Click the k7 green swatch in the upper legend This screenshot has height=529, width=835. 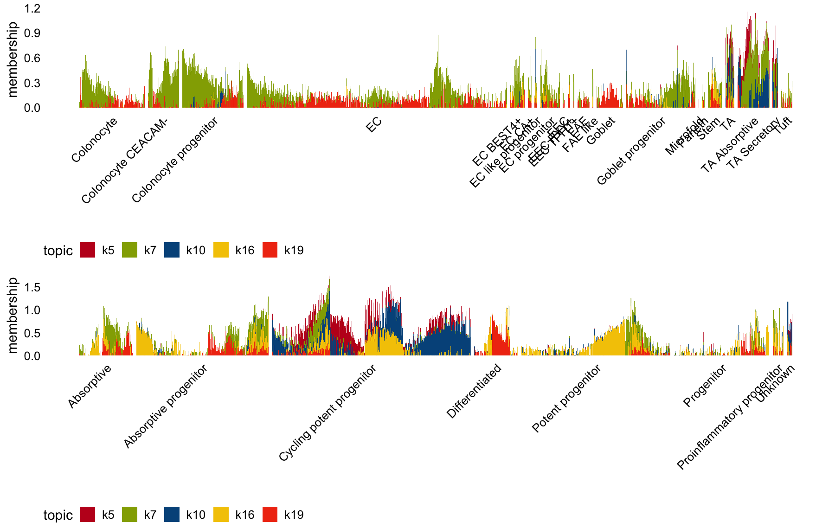[x=129, y=250]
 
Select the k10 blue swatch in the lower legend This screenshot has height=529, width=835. [x=172, y=515]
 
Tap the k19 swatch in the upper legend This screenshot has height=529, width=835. [x=270, y=250]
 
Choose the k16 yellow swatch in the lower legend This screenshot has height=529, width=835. [x=221, y=515]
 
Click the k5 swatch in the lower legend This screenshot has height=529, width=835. [x=87, y=515]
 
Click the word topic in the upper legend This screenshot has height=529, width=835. [x=58, y=251]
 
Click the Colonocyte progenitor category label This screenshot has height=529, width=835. [x=174, y=161]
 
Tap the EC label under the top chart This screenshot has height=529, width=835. [x=374, y=124]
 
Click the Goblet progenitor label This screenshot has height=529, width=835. [x=631, y=151]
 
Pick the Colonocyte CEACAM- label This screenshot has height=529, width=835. [x=124, y=161]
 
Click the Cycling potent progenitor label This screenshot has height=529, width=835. [x=327, y=413]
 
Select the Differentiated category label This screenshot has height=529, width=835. [x=474, y=391]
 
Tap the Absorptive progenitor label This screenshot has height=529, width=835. [x=165, y=407]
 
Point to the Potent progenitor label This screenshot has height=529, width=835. [x=566, y=399]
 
